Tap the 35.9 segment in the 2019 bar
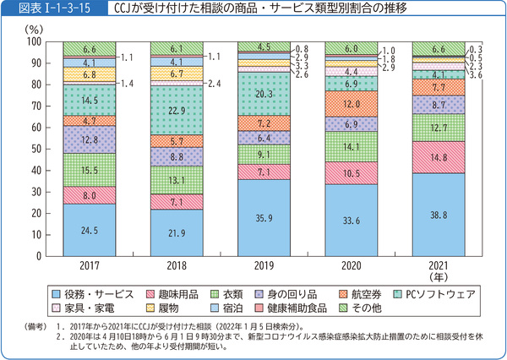[x=264, y=217]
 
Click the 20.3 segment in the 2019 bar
[x=264, y=94]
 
